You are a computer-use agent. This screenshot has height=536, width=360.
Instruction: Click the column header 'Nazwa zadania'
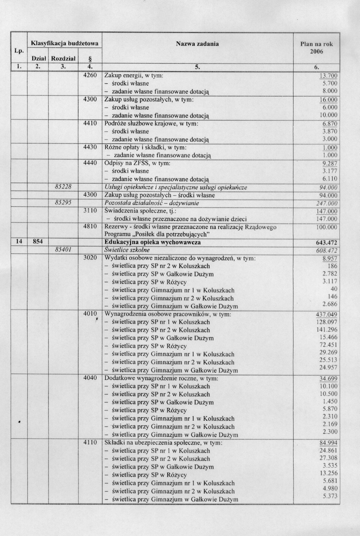click(x=197, y=43)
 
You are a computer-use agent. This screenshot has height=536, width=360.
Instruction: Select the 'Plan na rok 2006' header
click(x=316, y=48)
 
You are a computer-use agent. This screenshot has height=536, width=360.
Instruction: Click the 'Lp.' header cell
click(x=19, y=51)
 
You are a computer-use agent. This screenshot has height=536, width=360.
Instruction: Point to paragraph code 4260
click(x=90, y=75)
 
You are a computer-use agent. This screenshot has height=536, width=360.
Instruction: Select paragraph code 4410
click(x=90, y=123)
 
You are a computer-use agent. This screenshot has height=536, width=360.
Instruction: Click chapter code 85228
click(x=63, y=187)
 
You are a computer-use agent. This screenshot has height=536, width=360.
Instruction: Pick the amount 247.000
click(x=328, y=203)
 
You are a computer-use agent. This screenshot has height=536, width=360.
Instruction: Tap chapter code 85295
click(x=63, y=203)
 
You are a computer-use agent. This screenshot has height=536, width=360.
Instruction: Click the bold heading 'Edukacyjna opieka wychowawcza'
click(x=152, y=242)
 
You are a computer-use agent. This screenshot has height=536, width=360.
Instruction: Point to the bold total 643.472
click(x=327, y=242)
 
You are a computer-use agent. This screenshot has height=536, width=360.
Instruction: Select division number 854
click(x=38, y=242)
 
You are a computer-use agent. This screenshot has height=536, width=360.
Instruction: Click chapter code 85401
click(x=63, y=250)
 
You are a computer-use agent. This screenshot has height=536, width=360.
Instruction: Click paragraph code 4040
click(x=90, y=378)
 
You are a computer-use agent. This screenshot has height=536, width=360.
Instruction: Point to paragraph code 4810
click(x=90, y=226)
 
